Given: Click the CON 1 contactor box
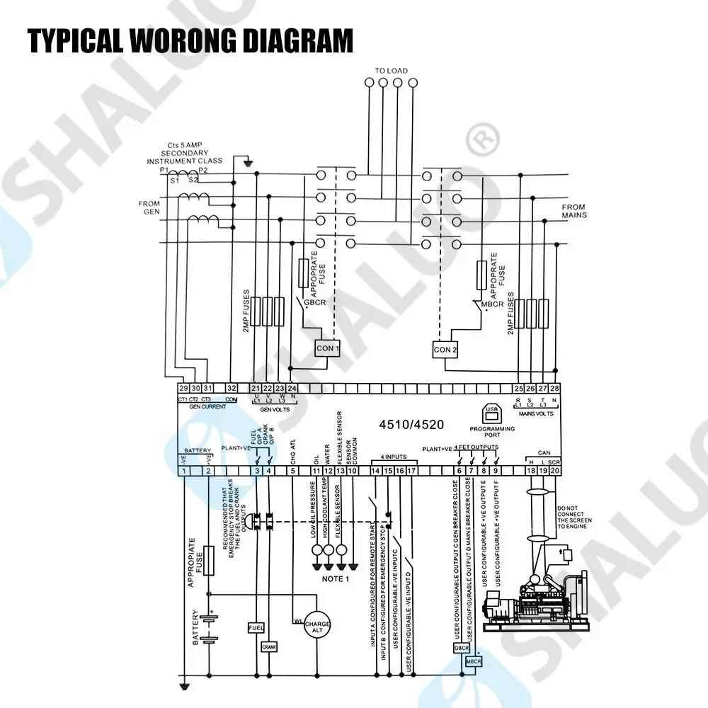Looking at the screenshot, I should pyautogui.click(x=327, y=348).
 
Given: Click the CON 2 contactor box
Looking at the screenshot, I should pyautogui.click(x=445, y=349).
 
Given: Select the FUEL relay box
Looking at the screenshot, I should pyautogui.click(x=256, y=628).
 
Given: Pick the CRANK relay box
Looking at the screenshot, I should pyautogui.click(x=269, y=646).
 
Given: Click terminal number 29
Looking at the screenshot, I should pyautogui.click(x=183, y=388).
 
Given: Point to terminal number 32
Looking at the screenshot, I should pyautogui.click(x=232, y=388).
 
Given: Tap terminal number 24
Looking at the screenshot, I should pyautogui.click(x=292, y=388).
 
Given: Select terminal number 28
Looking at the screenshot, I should pyautogui.click(x=554, y=388).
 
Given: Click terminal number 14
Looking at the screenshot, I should pyautogui.click(x=376, y=471).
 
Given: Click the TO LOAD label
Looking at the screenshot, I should pyautogui.click(x=391, y=70).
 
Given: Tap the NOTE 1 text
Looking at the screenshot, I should pyautogui.click(x=336, y=579).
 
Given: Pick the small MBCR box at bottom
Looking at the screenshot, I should pyautogui.click(x=474, y=661).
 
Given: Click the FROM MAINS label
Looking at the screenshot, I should pyautogui.click(x=574, y=211).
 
